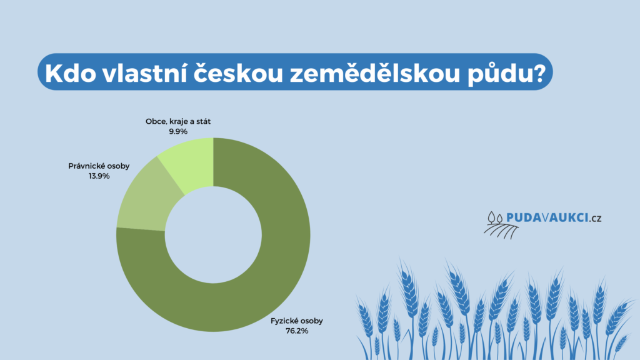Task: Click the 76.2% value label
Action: click(x=297, y=331)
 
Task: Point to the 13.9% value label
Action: click(x=99, y=176)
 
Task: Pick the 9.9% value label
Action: click(x=178, y=131)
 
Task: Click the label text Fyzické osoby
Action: click(x=297, y=321)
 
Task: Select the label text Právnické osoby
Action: click(x=99, y=166)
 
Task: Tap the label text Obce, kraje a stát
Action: click(x=178, y=121)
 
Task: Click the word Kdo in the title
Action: click(x=70, y=74)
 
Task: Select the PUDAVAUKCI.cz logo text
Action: click(x=554, y=217)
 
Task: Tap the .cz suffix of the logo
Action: click(x=596, y=219)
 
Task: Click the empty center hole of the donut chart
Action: click(x=213, y=235)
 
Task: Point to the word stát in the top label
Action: click(x=203, y=121)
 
